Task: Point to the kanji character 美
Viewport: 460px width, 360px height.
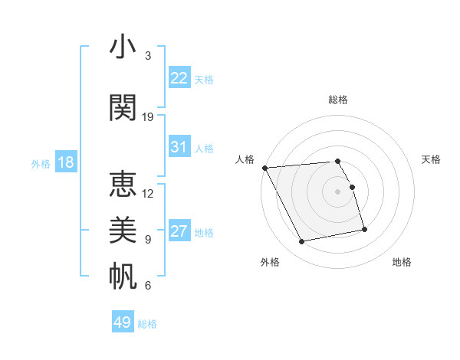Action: click(x=123, y=231)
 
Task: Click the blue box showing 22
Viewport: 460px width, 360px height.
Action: click(x=179, y=78)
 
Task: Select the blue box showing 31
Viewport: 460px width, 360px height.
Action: click(x=179, y=147)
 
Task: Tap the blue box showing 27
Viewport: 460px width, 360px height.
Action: click(x=179, y=231)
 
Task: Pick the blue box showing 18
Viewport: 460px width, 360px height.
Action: click(x=65, y=162)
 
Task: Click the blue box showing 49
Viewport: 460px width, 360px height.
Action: click(x=123, y=322)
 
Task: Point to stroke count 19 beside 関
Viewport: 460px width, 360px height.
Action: click(x=148, y=116)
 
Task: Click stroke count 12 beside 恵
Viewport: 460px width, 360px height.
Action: click(x=148, y=193)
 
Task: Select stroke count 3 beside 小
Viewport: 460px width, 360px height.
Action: click(x=148, y=55)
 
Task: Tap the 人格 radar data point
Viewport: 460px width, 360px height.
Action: click(x=264, y=168)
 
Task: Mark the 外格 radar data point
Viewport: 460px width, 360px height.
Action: click(x=302, y=241)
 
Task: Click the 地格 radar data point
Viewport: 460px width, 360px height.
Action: click(x=364, y=229)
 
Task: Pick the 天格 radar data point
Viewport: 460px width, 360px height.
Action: click(x=352, y=187)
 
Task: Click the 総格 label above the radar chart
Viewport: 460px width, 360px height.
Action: click(x=338, y=100)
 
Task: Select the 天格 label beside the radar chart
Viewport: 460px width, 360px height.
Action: click(x=431, y=159)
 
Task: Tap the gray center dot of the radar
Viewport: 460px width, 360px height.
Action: click(x=337, y=191)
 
